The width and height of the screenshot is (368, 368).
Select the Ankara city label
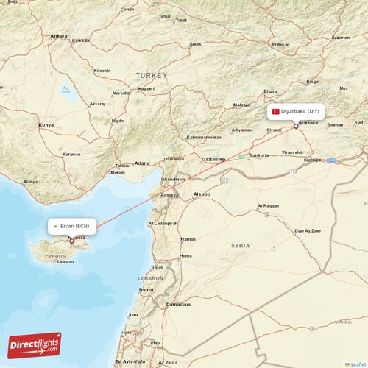point(58,35)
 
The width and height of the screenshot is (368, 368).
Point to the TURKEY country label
point(151,75)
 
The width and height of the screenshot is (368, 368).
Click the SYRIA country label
point(240,245)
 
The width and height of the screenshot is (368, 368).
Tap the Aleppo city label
point(201,194)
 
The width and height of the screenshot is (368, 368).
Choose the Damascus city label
point(178,304)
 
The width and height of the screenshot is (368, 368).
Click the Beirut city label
point(146,290)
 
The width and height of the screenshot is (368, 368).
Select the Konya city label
point(46,125)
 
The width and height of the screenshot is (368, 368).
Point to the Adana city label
point(142,163)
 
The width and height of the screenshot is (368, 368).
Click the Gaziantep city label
point(213,158)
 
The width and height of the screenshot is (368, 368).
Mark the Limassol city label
point(66,261)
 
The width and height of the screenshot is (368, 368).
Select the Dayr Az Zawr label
point(308,230)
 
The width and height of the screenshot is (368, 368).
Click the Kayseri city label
point(146,88)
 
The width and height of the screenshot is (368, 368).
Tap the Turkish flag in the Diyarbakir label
point(276,111)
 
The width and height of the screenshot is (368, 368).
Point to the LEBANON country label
point(151,279)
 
